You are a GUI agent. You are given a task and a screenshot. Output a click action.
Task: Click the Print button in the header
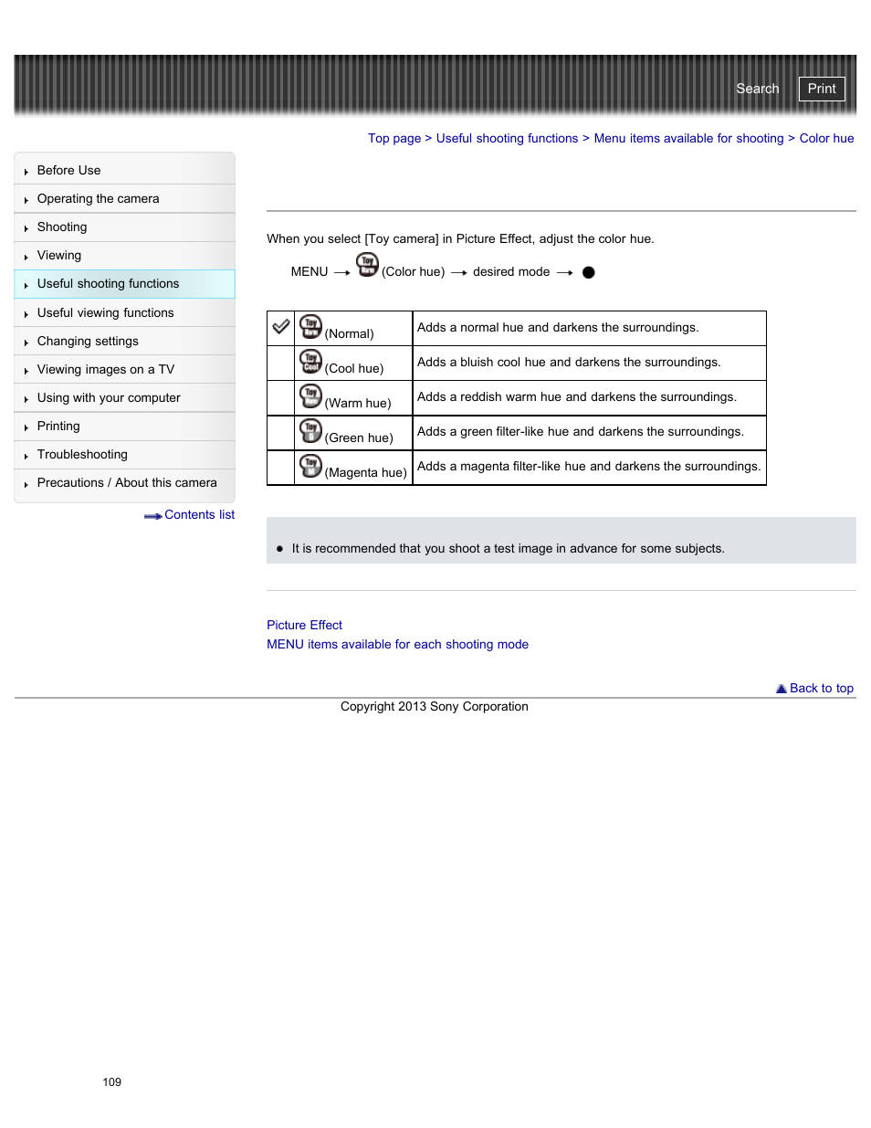[x=821, y=89]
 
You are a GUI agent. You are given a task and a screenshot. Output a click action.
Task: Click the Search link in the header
[x=757, y=89]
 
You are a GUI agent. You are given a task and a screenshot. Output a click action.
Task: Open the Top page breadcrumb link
[x=394, y=139]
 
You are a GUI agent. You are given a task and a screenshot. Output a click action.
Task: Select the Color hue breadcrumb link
[x=826, y=139]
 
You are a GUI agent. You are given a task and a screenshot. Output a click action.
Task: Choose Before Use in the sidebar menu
[x=68, y=171]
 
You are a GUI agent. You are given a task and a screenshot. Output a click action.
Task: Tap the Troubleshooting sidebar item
[x=82, y=455]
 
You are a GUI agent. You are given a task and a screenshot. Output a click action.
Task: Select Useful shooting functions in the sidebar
[x=108, y=284]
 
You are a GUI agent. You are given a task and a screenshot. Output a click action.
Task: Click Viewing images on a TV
[x=105, y=370]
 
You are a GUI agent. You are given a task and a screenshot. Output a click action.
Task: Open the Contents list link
[x=198, y=515]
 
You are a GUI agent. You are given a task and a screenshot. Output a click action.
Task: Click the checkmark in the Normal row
[x=281, y=327]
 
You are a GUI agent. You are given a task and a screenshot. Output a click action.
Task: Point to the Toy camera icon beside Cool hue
[x=310, y=362]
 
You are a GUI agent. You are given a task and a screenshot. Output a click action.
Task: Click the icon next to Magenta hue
[x=310, y=466]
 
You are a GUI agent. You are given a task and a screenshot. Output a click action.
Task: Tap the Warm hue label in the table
[x=358, y=404]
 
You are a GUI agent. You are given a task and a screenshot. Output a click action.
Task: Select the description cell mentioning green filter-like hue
[x=580, y=432]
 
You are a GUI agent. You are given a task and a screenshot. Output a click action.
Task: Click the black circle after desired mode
[x=588, y=272]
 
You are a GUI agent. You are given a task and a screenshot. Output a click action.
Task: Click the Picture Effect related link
[x=304, y=626]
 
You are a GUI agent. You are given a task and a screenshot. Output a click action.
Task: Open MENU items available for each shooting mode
[x=397, y=645]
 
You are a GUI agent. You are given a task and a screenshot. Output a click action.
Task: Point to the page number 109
[x=111, y=1082]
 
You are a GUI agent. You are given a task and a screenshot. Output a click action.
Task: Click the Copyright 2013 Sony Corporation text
[x=434, y=707]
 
